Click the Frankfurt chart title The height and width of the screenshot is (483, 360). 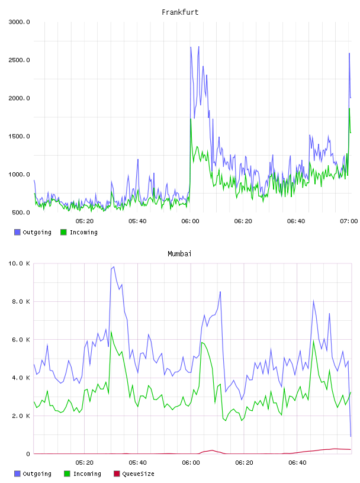tap(180, 12)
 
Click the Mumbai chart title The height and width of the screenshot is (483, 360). tap(179, 254)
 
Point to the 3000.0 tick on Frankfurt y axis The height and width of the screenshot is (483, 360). tap(19, 22)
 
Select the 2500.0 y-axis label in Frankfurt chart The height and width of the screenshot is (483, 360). tap(19, 60)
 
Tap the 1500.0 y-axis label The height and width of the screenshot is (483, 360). tap(19, 137)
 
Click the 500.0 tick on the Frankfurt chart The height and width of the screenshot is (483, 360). tap(21, 212)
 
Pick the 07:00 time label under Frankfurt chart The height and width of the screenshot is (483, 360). tap(349, 221)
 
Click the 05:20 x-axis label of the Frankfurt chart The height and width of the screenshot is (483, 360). tap(85, 221)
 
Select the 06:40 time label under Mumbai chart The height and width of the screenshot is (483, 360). tap(297, 463)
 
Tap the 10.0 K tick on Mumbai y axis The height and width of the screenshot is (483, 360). tap(19, 263)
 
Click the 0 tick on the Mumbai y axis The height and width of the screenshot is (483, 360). tap(28, 454)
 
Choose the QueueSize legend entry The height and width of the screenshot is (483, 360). tap(134, 474)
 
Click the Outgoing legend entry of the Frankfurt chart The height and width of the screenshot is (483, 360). tap(33, 232)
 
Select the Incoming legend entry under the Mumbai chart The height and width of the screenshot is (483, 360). tap(82, 474)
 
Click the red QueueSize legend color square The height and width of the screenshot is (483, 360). tap(117, 474)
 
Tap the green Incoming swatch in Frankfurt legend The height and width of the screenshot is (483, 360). tap(63, 232)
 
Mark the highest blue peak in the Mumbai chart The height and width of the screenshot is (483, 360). tap(114, 267)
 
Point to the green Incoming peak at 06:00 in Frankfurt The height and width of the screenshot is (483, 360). tap(191, 119)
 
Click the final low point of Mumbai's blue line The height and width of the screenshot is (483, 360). tap(351, 436)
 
